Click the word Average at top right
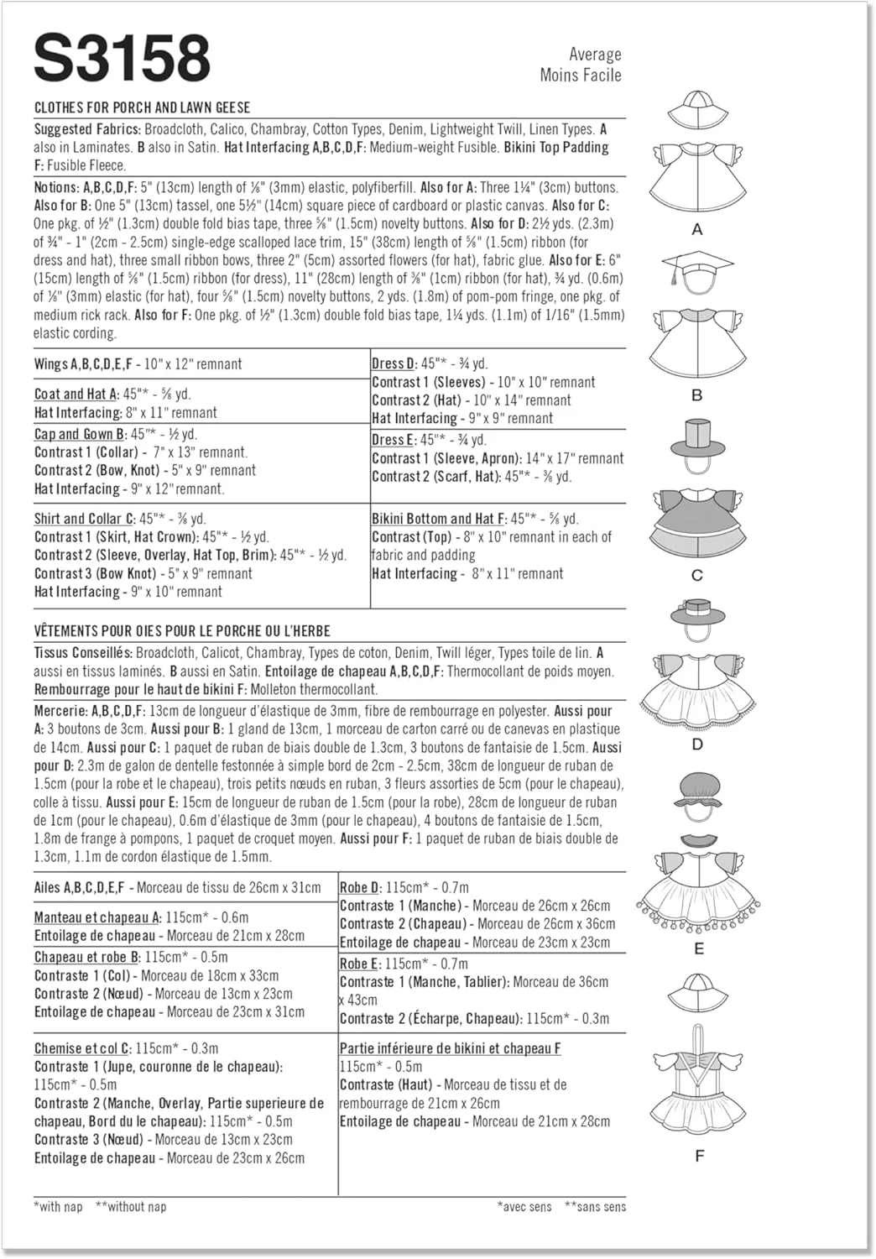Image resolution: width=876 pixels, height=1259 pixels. pos(595,55)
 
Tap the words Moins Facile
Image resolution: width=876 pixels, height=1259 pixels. pos(581,76)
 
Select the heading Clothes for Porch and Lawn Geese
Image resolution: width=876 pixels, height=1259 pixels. pos(142,107)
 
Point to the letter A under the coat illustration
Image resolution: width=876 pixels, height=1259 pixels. pos(696,229)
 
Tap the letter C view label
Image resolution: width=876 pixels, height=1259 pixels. pos(696,576)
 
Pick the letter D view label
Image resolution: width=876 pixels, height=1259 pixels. pos(697,744)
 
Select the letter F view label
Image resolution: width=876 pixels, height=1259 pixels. pos(699,1156)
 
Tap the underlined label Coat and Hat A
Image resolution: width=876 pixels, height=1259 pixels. pos(76,394)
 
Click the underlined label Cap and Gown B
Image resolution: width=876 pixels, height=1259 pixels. pos(80,434)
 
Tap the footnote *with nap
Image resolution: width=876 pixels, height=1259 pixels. pos(59,1206)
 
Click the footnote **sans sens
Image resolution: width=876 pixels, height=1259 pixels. pos(595,1206)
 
